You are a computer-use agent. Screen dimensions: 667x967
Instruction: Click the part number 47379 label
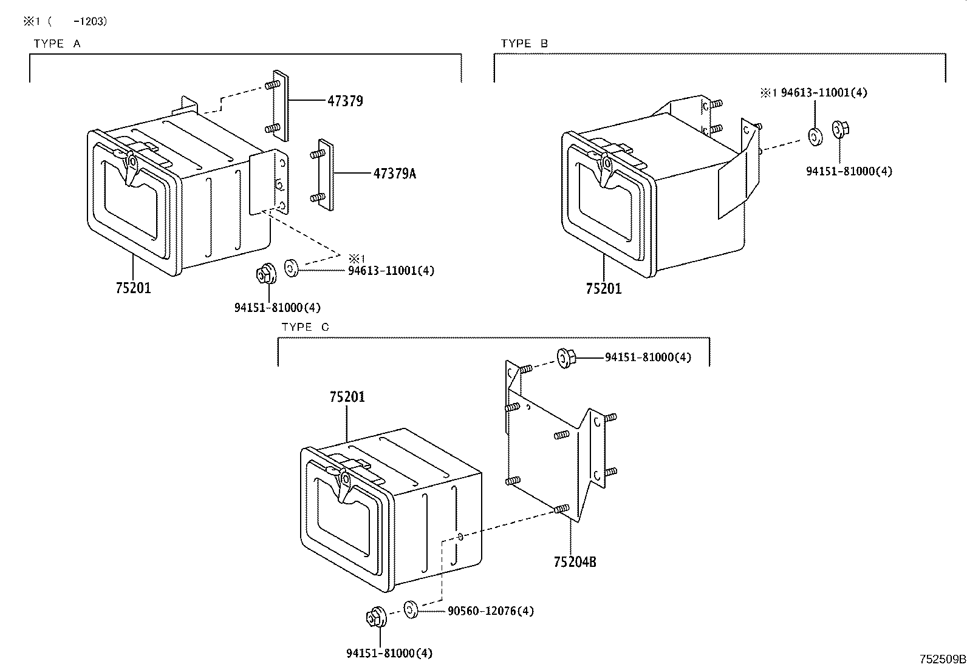click(x=345, y=101)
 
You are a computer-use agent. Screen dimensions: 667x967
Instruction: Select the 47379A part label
click(x=395, y=174)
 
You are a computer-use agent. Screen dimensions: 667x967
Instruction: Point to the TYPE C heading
click(x=305, y=327)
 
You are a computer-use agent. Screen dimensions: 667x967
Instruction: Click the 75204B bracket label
click(x=575, y=562)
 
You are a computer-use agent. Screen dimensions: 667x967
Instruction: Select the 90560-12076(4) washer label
click(x=491, y=611)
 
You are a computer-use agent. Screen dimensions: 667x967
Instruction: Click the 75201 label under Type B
click(x=604, y=289)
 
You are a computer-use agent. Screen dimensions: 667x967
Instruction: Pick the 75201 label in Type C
click(x=347, y=397)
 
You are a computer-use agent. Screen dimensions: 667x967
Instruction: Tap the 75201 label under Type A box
click(x=133, y=288)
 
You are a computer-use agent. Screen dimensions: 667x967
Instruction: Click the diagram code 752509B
click(x=941, y=659)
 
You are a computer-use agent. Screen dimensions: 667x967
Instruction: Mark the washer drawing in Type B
click(x=813, y=137)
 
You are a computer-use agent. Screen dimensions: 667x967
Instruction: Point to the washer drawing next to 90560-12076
click(x=411, y=608)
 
